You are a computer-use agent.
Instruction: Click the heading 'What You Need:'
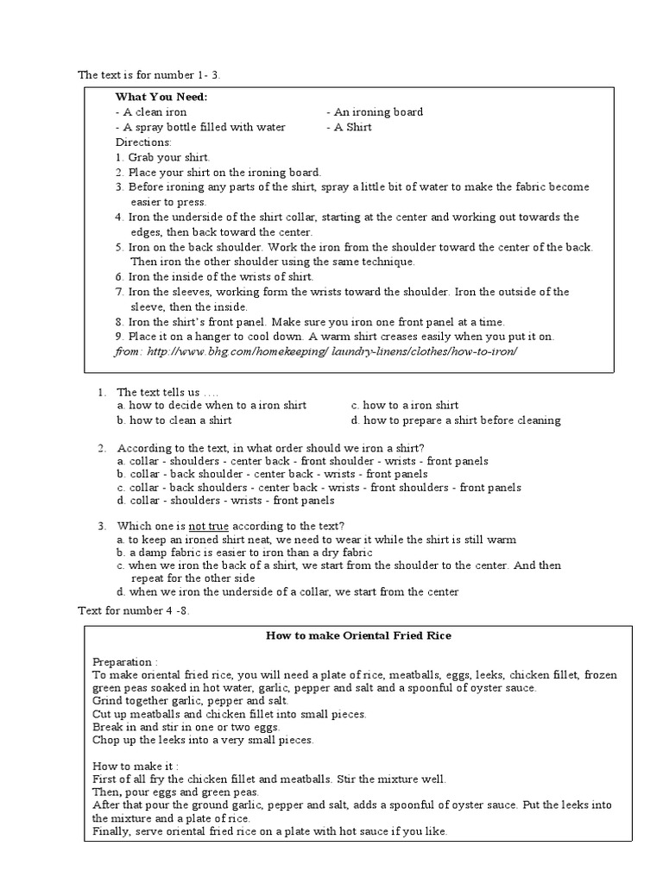click(161, 97)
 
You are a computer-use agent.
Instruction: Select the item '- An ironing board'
click(375, 112)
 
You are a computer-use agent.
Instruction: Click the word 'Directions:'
click(143, 142)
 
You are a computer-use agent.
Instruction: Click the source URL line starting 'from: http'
click(315, 352)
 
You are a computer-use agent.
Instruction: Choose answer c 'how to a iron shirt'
click(405, 405)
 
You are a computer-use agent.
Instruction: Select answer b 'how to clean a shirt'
click(174, 420)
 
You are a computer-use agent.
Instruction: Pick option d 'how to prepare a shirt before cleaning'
click(456, 420)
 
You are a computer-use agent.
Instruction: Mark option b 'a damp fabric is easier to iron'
click(245, 552)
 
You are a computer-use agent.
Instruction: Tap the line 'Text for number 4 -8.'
click(134, 611)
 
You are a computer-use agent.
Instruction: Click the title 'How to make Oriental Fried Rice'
click(357, 636)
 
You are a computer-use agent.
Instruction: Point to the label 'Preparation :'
click(125, 660)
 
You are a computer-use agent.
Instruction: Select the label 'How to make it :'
click(135, 766)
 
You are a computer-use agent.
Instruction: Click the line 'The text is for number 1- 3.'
click(156, 76)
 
